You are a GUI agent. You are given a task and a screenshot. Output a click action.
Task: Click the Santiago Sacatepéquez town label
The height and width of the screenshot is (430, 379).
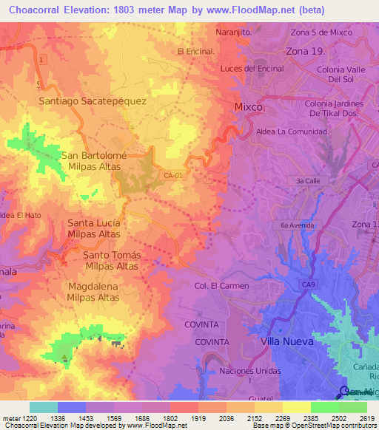(93, 100)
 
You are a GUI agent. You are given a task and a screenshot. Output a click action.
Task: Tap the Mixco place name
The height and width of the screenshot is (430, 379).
(248, 107)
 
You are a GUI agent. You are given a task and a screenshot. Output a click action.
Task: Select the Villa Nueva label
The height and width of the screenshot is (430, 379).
(288, 342)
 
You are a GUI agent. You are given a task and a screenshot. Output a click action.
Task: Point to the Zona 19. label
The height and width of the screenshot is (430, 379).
(306, 52)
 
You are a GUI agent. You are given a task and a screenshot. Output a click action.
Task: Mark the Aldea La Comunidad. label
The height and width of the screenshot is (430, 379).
(292, 131)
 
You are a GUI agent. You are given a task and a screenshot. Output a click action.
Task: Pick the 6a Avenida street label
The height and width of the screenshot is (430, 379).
(298, 225)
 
